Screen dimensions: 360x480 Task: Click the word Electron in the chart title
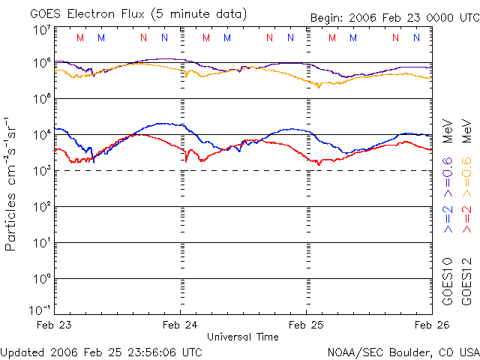coord(104,13)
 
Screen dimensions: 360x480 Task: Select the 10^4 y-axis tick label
coord(41,135)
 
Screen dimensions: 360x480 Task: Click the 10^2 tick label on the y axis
coord(41,207)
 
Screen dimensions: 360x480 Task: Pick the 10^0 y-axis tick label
coord(41,279)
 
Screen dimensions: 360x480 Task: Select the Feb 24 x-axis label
coord(181,325)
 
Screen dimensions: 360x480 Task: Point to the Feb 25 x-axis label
coord(306,325)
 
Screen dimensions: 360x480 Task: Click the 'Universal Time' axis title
coord(243,337)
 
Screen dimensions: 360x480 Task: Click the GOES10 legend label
coord(448,280)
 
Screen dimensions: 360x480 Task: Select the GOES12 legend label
coord(466,280)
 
